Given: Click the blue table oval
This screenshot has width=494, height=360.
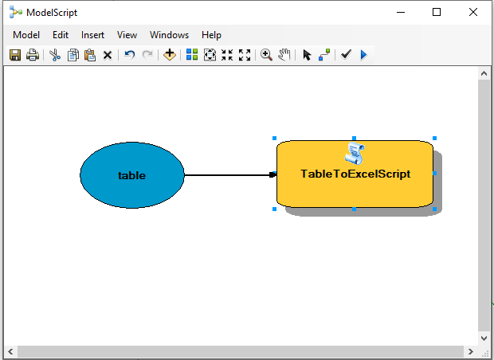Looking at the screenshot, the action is click(132, 175).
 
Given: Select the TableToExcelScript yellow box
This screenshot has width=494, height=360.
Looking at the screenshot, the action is click(355, 174).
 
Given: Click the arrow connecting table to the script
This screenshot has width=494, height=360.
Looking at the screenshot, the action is click(230, 174).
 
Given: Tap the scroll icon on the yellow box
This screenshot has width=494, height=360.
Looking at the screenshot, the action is click(355, 153).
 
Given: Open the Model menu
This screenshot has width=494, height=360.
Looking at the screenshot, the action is click(26, 34).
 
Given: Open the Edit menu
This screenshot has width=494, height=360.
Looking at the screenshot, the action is click(61, 34).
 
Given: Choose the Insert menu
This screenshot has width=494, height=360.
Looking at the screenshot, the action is click(92, 34).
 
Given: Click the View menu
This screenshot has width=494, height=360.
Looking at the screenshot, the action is click(127, 34).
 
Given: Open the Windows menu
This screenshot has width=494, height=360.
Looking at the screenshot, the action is click(169, 34).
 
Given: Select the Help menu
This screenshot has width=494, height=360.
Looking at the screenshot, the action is click(211, 34).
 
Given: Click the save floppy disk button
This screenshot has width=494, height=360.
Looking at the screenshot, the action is click(15, 55).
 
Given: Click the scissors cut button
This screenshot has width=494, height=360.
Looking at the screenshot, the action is click(55, 55).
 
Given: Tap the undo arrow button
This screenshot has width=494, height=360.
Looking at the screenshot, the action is click(130, 55).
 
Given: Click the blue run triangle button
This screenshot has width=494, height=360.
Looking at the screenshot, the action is click(363, 55).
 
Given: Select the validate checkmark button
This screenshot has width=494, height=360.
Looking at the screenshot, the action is click(346, 54).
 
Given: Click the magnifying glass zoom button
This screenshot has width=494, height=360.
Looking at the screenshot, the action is click(266, 55).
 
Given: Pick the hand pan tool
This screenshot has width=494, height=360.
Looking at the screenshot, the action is click(284, 55).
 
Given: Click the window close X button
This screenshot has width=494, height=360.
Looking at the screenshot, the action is click(473, 12).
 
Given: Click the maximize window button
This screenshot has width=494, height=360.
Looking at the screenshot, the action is click(437, 12).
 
